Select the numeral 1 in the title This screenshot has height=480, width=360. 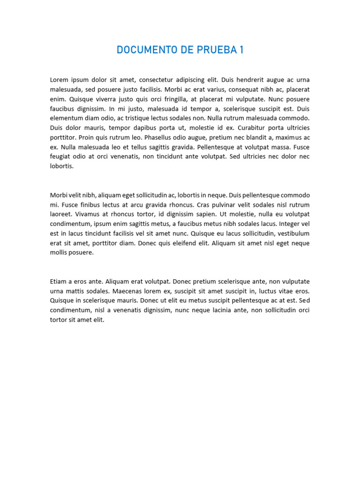(241, 50)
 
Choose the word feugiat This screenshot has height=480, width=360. (61, 157)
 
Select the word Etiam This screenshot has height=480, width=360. (59, 282)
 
